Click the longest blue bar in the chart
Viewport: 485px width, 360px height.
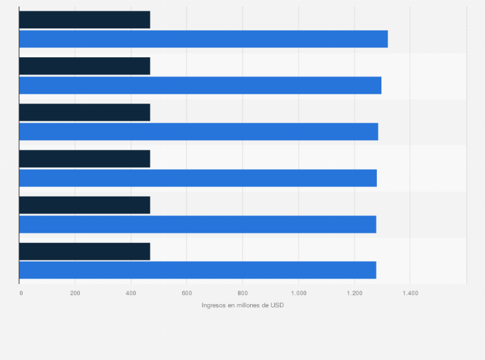203,39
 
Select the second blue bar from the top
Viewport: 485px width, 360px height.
200,85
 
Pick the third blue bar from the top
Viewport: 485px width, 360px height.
198,131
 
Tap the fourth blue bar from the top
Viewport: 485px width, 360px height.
197,177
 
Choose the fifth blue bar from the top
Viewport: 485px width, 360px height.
197,224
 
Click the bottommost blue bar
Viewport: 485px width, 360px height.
197,270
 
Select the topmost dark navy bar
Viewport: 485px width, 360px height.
84,20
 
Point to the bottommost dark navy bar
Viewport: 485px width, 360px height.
84,251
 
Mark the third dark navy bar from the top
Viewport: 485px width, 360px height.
84,113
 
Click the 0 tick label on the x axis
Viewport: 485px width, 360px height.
21,293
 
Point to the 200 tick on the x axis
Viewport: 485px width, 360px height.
75,293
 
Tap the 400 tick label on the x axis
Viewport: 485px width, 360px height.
131,293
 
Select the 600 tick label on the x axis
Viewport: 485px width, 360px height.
187,293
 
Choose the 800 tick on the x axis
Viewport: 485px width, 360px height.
243,293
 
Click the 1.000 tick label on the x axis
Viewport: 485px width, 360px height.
298,293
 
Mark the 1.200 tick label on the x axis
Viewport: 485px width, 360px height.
354,293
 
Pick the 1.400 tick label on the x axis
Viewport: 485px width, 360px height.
410,293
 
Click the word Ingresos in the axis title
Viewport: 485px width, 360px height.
214,305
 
